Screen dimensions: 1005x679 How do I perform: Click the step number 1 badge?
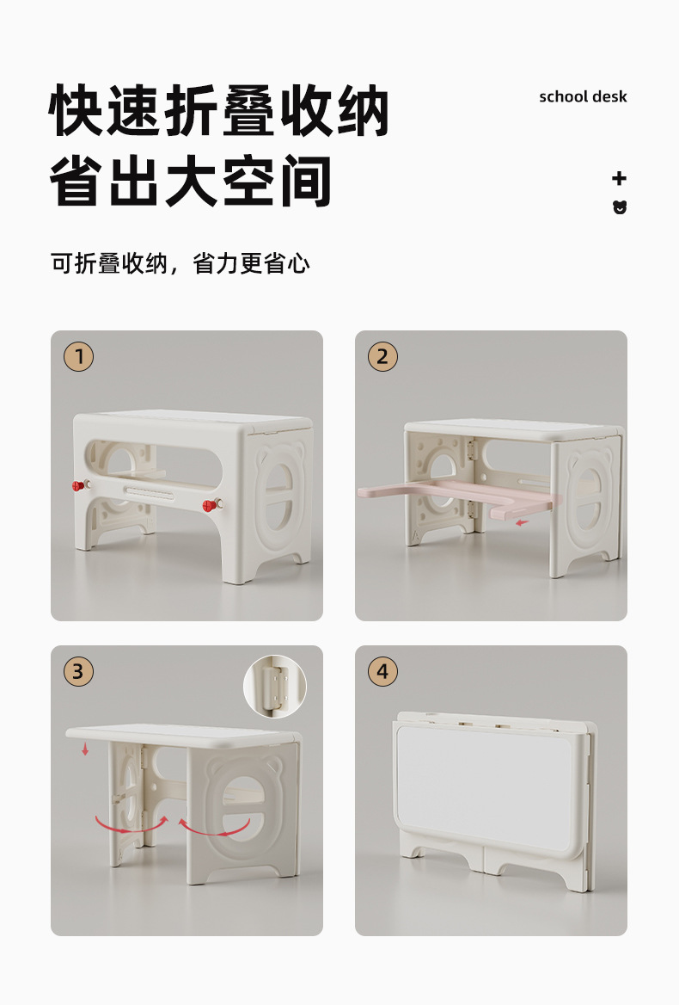(79, 356)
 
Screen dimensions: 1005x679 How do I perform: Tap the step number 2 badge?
(383, 356)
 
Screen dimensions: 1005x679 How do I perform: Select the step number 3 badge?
(79, 671)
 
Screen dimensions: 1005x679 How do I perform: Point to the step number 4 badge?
(383, 671)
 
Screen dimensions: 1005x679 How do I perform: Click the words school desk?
(583, 96)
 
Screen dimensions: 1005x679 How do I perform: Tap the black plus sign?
(619, 178)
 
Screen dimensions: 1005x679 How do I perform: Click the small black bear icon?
(620, 207)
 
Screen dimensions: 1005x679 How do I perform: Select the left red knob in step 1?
(77, 487)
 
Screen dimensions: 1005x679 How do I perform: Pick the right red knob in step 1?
(209, 505)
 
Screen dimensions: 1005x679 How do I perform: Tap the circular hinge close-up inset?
(275, 686)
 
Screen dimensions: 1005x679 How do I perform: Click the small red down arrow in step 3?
(85, 749)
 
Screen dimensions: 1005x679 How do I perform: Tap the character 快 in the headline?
(83, 112)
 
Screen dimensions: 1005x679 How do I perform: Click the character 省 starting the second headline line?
(83, 181)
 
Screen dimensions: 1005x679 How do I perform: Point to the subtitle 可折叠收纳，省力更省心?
(180, 263)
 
